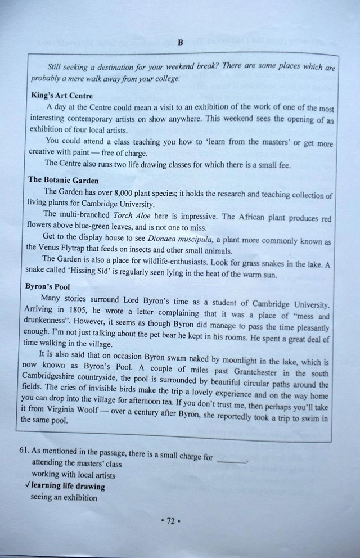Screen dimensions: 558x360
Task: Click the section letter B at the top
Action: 180,42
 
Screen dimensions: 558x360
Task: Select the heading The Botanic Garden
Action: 63,181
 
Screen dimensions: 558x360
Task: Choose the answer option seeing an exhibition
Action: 64,497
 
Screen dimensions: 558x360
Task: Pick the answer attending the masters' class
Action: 76,465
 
